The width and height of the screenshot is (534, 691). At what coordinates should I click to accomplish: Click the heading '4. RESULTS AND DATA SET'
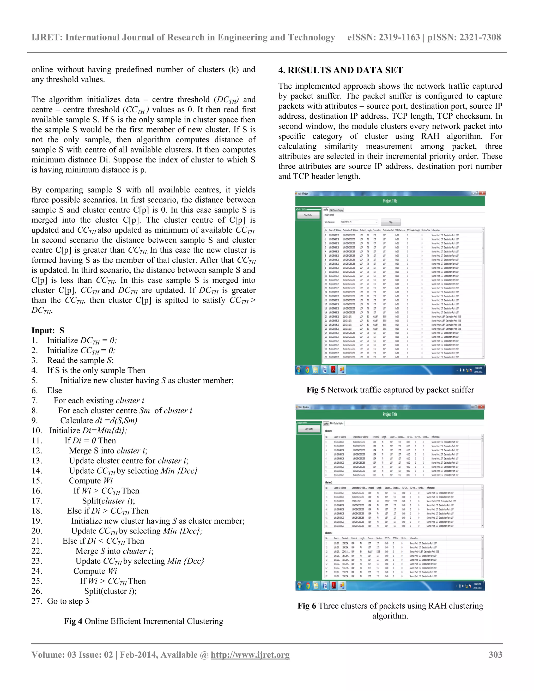(340, 70)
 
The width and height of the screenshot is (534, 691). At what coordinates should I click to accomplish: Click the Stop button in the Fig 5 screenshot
(391, 222)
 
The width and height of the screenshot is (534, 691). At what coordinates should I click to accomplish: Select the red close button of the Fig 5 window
(482, 193)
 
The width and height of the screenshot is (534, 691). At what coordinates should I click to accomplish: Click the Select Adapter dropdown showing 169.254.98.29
(359, 222)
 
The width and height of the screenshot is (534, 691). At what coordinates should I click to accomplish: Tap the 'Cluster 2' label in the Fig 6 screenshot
(329, 482)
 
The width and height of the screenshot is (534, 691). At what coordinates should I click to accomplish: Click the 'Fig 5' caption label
(315, 390)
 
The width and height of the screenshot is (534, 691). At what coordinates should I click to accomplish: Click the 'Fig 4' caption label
(73, 621)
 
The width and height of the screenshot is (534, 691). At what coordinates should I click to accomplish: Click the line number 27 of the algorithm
(37, 601)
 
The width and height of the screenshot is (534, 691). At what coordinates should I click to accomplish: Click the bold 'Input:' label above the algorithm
(43, 330)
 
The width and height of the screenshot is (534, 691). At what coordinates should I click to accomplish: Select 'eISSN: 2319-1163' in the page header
(383, 37)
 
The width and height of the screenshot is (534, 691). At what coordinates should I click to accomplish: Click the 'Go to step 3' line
(68, 601)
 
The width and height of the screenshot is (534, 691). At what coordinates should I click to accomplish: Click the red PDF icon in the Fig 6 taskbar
(333, 586)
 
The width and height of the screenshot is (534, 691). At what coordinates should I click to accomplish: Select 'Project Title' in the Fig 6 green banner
(390, 415)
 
